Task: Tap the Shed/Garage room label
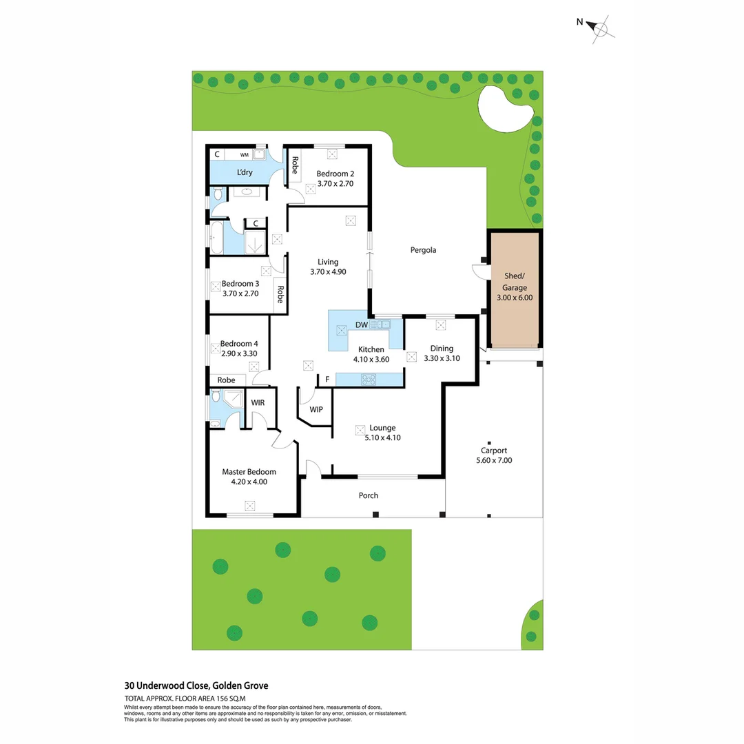(x=515, y=282)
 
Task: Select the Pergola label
(x=424, y=250)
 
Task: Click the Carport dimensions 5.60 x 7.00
(x=494, y=461)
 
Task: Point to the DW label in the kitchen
(x=361, y=324)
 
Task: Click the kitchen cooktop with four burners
(x=369, y=378)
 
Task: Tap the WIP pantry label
(x=316, y=410)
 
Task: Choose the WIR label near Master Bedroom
(x=258, y=402)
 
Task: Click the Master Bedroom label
(x=249, y=472)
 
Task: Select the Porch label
(x=369, y=495)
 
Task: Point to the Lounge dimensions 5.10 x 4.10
(x=382, y=437)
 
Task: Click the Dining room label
(x=442, y=348)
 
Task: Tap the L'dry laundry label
(x=244, y=172)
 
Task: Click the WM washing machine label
(x=244, y=155)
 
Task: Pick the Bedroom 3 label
(x=240, y=283)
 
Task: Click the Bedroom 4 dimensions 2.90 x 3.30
(x=239, y=354)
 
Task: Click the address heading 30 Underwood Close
(x=196, y=685)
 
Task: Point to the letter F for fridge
(x=327, y=379)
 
